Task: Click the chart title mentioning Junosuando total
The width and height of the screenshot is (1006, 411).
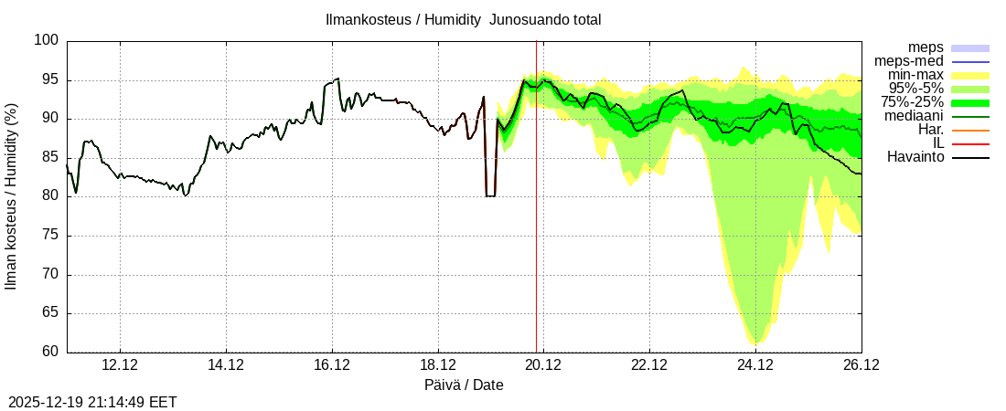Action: [x=464, y=19]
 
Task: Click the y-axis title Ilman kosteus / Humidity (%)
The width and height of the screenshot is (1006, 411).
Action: [x=12, y=196]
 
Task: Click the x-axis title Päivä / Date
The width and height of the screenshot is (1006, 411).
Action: [x=464, y=385]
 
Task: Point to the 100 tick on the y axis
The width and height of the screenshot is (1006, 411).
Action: [x=48, y=40]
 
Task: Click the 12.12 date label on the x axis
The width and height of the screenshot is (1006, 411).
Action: [x=120, y=365]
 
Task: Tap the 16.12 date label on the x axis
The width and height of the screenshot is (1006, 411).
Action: [x=332, y=365]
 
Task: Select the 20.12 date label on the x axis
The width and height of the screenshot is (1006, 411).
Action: [x=543, y=365]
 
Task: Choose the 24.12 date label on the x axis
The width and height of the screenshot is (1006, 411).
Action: [x=755, y=365]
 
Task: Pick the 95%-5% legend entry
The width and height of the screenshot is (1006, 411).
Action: [x=912, y=89]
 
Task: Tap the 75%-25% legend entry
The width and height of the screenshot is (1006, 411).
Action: [x=912, y=102]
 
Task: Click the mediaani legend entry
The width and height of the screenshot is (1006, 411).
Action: [x=914, y=116]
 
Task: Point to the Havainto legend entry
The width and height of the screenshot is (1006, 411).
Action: [x=915, y=157]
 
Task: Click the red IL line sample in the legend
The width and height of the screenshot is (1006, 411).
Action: [x=970, y=144]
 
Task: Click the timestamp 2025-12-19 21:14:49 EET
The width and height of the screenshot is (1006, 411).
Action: [x=92, y=402]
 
